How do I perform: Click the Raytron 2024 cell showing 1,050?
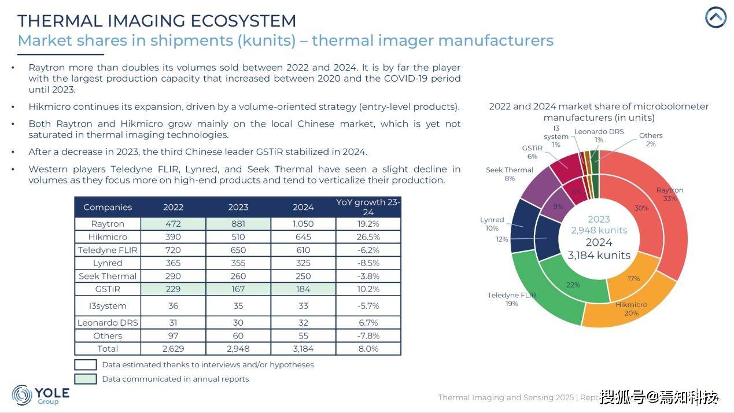click(303, 224)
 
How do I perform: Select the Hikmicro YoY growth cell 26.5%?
click(368, 237)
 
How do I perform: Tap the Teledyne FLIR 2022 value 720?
click(173, 250)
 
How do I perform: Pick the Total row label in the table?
click(108, 349)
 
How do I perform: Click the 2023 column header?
click(238, 207)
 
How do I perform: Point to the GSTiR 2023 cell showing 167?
click(238, 289)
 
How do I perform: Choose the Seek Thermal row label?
click(108, 276)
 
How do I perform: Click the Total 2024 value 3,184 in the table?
click(303, 349)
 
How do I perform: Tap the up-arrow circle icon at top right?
click(715, 17)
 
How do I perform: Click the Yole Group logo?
click(40, 395)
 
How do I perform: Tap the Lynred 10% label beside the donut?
click(492, 224)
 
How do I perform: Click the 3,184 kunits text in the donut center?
click(599, 255)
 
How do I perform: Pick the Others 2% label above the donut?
click(651, 139)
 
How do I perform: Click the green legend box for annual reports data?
click(86, 379)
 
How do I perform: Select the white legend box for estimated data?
click(86, 365)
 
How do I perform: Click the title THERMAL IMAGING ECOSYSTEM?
click(157, 21)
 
